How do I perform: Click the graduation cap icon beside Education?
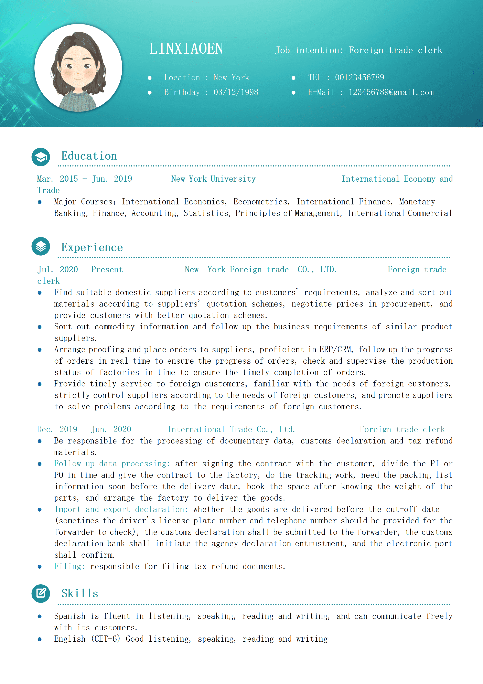tap(41, 157)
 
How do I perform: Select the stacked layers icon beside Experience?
tap(41, 246)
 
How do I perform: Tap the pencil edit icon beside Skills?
tap(41, 593)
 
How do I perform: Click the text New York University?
tap(213, 179)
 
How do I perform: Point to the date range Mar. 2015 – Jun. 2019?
tap(85, 179)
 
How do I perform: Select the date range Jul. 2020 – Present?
tap(80, 270)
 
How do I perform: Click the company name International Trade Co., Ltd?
tap(231, 429)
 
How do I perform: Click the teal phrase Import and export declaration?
tap(121, 509)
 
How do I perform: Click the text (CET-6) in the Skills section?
tap(106, 639)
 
